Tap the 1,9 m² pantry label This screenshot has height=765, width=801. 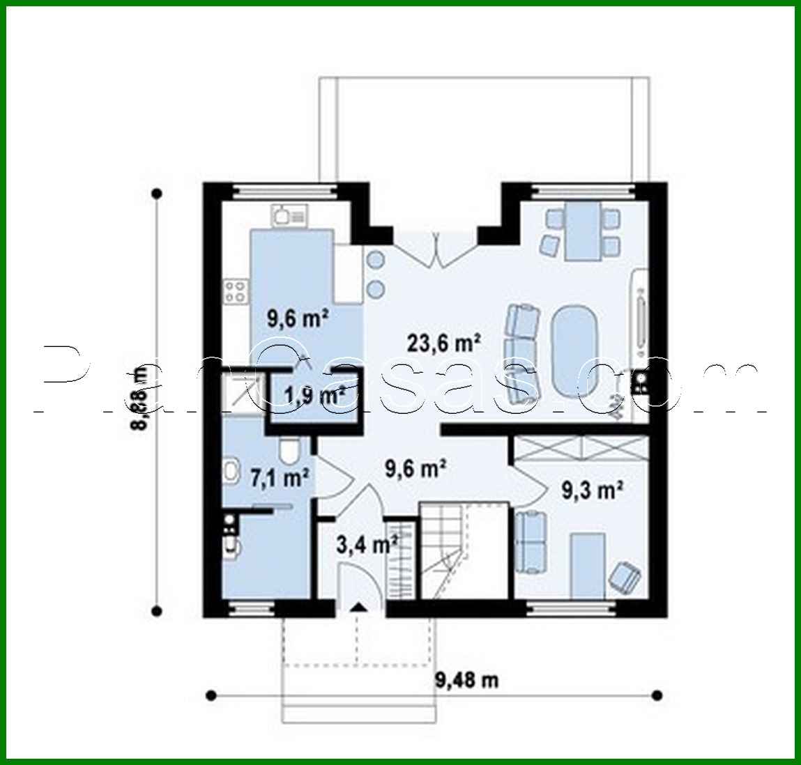pos(315,396)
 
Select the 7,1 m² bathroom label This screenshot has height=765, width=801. pos(279,478)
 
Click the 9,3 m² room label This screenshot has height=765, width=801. pos(592,490)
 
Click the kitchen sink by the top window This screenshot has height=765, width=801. pos(288,215)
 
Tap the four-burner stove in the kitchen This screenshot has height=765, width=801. pos(236,291)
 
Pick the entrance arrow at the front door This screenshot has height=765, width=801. pos(358,608)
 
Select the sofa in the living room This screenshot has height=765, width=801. pos(522,354)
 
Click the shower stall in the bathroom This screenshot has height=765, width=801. pos(237,393)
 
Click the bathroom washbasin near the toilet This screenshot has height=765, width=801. pos(231,472)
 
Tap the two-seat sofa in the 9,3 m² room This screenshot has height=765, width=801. pos(530,542)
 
